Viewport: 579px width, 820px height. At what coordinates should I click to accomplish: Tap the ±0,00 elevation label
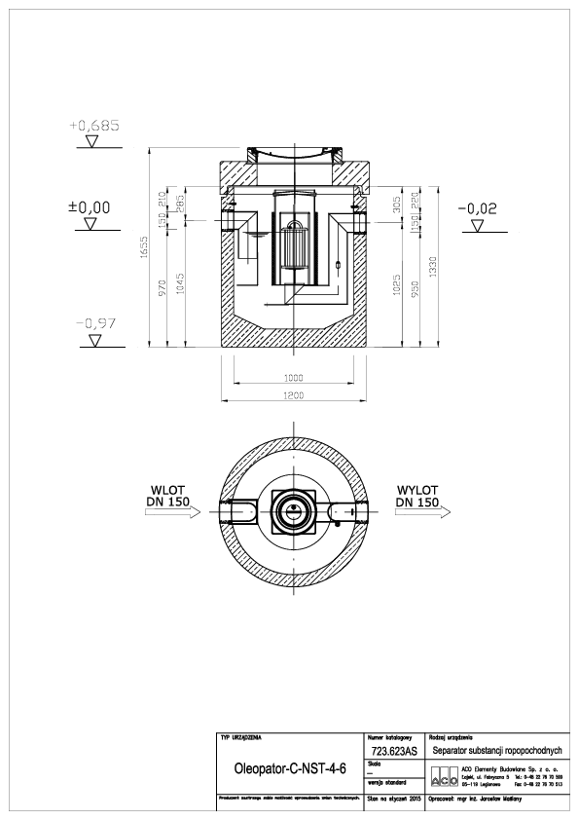click(89, 207)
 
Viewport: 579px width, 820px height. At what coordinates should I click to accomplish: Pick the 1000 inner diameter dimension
click(293, 377)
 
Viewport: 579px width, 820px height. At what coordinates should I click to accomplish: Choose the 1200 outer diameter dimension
click(293, 394)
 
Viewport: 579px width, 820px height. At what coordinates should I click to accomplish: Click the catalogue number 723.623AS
click(393, 753)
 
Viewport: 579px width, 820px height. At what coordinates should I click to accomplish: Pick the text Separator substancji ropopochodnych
click(496, 752)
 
